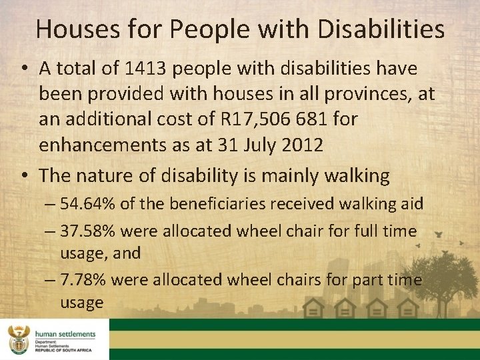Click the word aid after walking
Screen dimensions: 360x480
coord(410,203)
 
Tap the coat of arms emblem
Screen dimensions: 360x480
coord(18,339)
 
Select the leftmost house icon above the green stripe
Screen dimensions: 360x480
coord(313,307)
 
